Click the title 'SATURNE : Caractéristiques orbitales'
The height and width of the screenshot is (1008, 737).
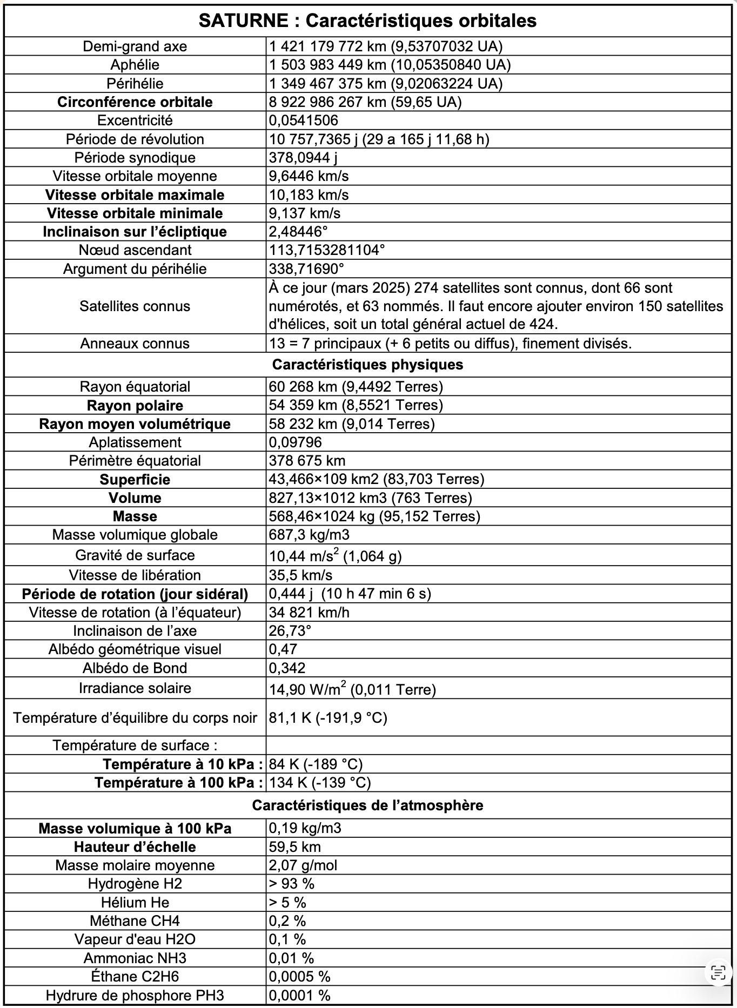(367, 21)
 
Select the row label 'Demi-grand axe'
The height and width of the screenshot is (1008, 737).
(135, 46)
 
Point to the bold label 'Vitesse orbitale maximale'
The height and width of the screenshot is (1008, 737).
(135, 195)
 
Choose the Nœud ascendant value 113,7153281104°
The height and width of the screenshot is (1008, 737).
(327, 250)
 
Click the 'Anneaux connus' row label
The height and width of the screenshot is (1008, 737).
(135, 344)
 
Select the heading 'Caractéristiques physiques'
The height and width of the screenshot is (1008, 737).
(367, 365)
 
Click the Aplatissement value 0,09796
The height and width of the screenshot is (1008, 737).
(296, 442)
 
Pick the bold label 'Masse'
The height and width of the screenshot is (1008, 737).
(135, 516)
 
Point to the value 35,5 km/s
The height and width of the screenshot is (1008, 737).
(301, 575)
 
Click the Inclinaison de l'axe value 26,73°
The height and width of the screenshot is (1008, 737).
(290, 631)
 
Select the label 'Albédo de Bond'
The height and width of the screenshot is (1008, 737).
(135, 668)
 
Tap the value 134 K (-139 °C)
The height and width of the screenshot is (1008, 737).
(320, 783)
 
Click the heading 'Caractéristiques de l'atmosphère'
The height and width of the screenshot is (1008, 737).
(367, 805)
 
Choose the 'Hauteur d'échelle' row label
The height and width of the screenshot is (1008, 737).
(135, 847)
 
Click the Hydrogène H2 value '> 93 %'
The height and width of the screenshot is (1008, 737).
(292, 884)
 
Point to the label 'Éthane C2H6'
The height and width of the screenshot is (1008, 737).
(135, 977)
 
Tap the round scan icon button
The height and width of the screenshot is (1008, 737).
(718, 973)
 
